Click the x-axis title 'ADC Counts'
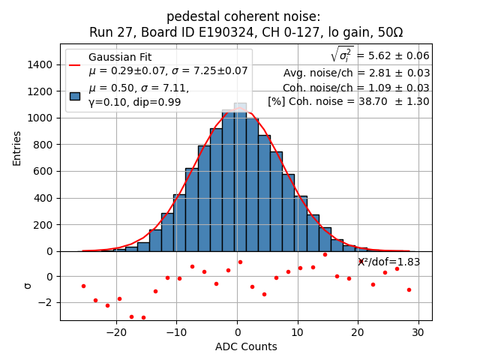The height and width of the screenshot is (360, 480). point(246,346)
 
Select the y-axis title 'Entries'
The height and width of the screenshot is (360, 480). point(17,148)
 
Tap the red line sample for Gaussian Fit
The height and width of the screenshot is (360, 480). point(75,64)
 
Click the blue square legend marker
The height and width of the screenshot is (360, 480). point(75,95)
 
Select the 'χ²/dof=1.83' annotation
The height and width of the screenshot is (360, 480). point(388,262)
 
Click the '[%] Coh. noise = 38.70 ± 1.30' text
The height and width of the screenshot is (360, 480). point(349,101)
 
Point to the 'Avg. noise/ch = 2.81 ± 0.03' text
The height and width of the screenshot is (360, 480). point(356,73)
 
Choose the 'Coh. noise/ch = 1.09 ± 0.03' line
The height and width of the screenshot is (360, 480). point(356,87)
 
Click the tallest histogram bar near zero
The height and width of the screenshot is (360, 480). point(240,180)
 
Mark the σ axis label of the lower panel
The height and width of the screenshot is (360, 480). point(28,285)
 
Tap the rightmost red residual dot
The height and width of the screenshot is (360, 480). point(409,289)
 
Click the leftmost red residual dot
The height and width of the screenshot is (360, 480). point(83,286)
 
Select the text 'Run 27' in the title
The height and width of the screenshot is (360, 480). point(109,32)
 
